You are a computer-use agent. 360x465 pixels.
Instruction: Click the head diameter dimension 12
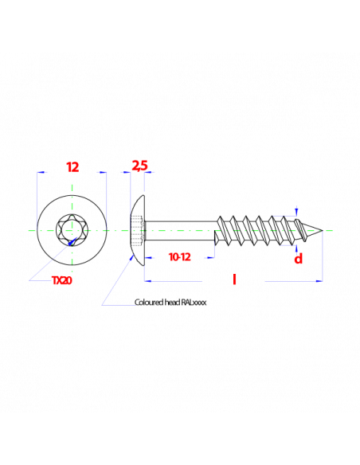(72, 167)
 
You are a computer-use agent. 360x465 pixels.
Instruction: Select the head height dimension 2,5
(139, 166)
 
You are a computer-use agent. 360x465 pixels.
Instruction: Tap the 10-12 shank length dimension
(180, 257)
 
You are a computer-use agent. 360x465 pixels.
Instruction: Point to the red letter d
(299, 259)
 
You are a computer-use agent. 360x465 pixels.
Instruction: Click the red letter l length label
(234, 279)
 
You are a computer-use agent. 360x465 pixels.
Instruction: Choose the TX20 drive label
(62, 280)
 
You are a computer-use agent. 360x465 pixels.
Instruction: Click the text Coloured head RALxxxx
(170, 303)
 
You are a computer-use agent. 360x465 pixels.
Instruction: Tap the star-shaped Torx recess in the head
(72, 230)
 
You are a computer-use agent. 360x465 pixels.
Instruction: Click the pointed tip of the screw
(323, 230)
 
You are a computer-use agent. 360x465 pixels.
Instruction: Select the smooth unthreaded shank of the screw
(180, 230)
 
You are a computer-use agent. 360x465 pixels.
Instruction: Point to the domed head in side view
(138, 230)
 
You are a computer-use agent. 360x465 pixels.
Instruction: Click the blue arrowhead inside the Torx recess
(72, 242)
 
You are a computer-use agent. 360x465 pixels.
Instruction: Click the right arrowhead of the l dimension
(319, 281)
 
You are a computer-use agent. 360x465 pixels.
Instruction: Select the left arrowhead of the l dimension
(148, 280)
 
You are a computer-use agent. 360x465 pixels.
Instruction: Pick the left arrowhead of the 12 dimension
(41, 172)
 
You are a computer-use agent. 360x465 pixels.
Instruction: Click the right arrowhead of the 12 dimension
(103, 172)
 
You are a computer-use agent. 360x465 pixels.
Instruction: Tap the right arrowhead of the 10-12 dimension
(211, 258)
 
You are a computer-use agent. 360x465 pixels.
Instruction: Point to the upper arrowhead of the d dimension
(296, 213)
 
